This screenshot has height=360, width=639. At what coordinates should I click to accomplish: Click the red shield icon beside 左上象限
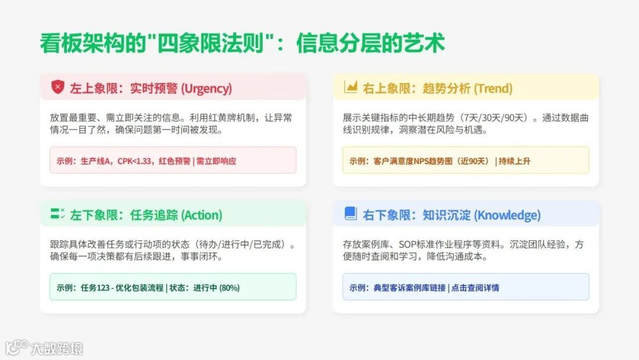pos(57,88)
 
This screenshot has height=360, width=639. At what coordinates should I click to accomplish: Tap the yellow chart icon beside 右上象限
pos(351,88)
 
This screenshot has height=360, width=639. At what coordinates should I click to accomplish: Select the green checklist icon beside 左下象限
pos(57,214)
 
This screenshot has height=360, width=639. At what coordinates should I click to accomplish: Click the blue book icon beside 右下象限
pos(351,214)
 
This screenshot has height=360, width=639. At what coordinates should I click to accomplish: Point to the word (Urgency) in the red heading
pos(206,89)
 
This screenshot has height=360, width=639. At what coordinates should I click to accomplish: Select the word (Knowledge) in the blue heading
pos(507,216)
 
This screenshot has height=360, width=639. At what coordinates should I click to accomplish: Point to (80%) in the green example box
pos(230,288)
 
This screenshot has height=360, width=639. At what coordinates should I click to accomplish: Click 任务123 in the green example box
pos(96,288)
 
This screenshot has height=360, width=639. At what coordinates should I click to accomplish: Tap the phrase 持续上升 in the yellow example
pos(515,161)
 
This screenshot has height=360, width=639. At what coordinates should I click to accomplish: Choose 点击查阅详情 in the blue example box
pos(475,288)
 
